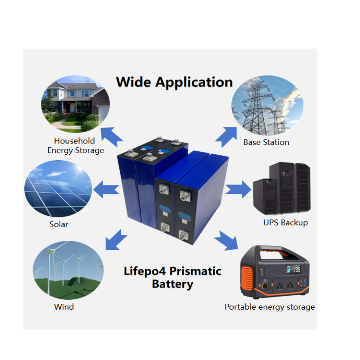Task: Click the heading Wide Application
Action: point(174,82)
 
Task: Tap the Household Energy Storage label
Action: point(75,146)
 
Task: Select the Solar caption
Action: point(58,224)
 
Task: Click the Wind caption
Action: point(64,307)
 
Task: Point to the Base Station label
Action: point(266,142)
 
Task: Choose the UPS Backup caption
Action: point(285,222)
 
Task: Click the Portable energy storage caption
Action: point(270,307)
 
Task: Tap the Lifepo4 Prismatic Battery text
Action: point(172,278)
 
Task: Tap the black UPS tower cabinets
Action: point(282,189)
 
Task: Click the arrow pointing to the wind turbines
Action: point(115,239)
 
